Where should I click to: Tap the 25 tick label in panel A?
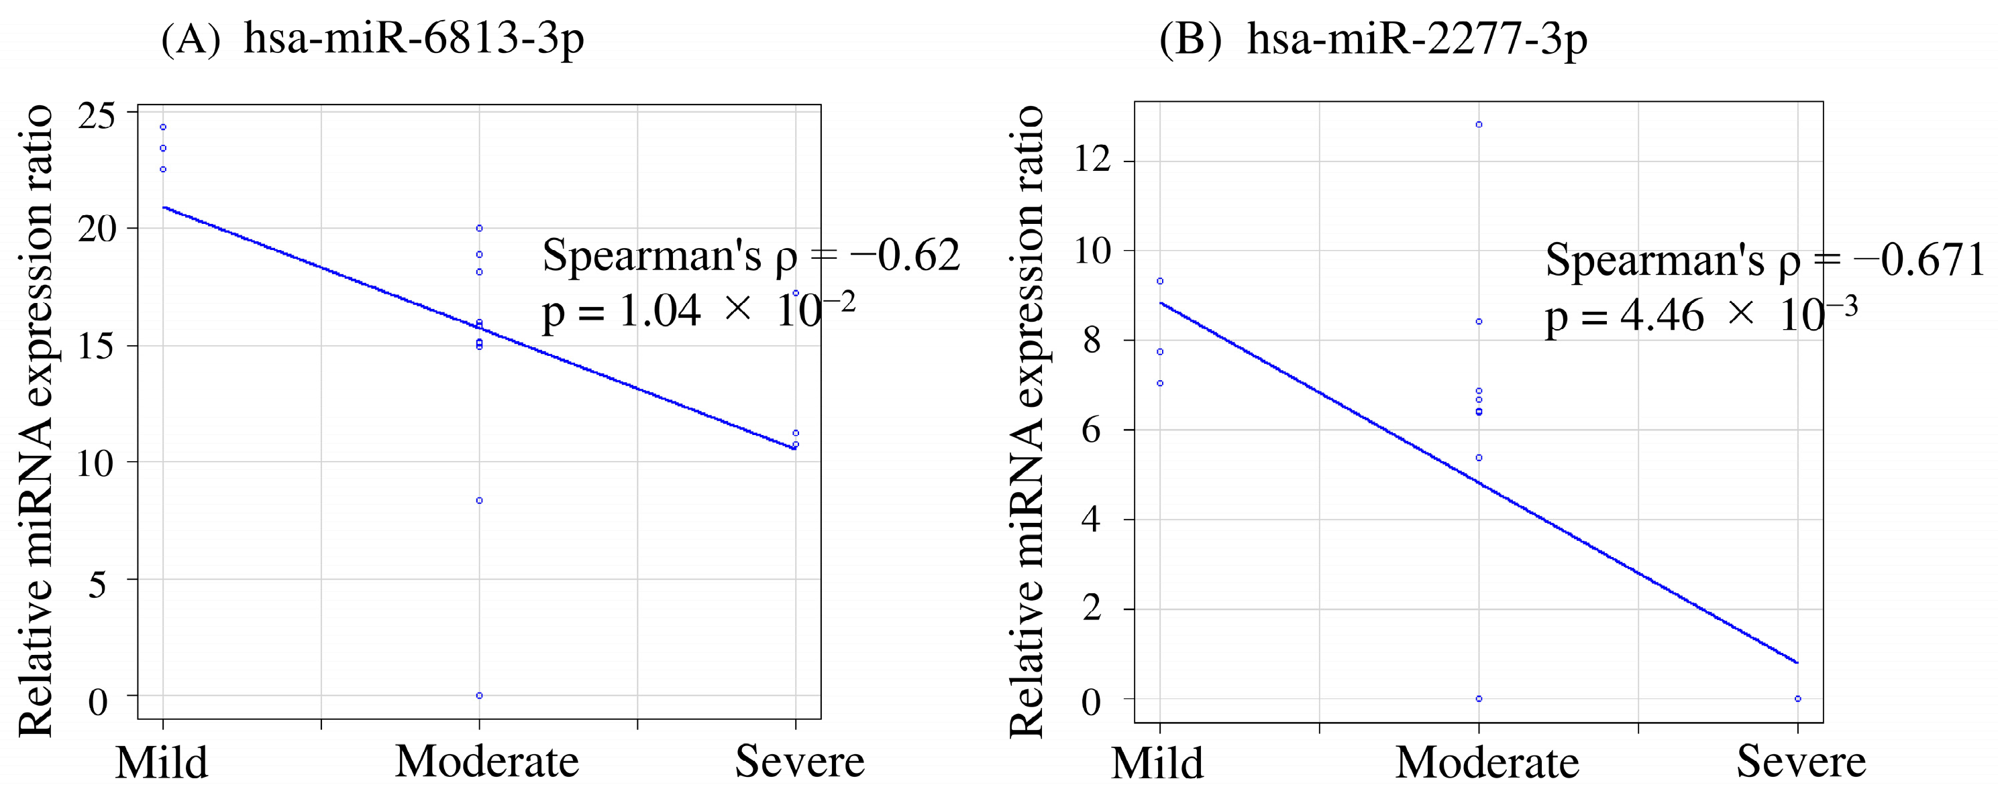pos(97,116)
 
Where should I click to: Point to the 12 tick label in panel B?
pos(1092,160)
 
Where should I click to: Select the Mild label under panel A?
pos(162,763)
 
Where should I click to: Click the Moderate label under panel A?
pos(487,761)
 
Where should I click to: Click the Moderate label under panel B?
pos(1487,763)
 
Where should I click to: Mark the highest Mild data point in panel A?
pos(163,127)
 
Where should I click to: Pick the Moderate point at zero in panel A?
pos(479,695)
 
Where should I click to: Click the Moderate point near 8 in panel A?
pos(479,501)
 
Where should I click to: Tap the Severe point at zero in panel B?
pos(1798,698)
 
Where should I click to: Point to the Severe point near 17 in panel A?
pos(796,293)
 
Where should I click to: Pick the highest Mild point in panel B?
pos(1160,282)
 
